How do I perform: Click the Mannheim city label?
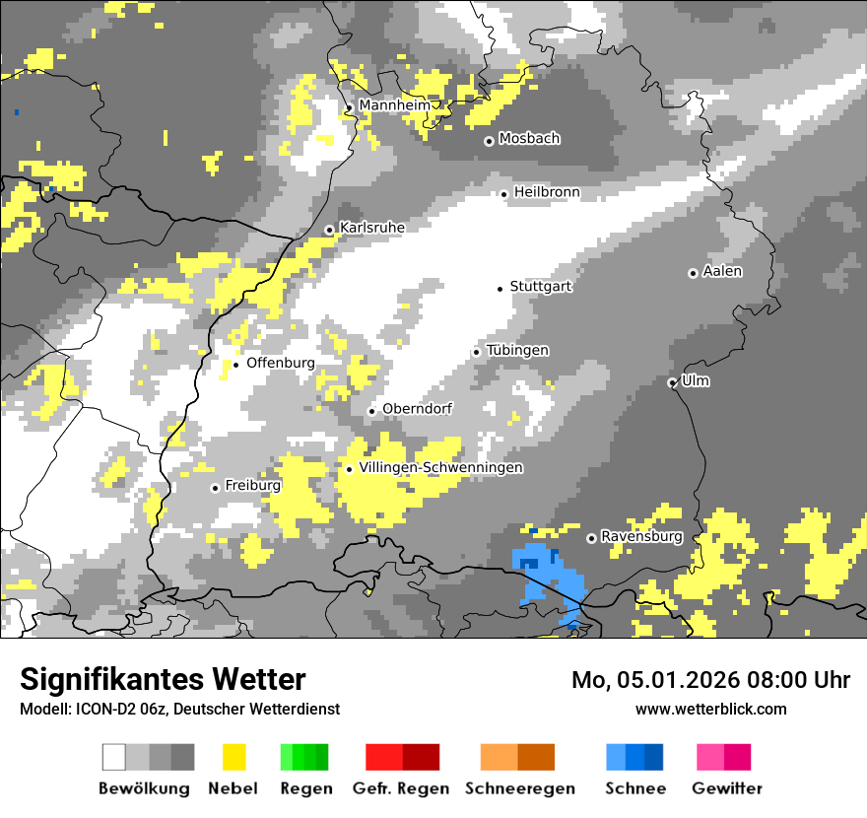coord(394,105)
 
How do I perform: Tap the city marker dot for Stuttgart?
coord(500,288)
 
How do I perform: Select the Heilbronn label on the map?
coord(547,192)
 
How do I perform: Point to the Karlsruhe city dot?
coord(330,230)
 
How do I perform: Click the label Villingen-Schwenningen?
coord(441,468)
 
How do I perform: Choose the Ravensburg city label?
coord(641,537)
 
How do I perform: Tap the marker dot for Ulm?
coord(673,382)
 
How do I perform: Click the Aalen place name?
coord(722,271)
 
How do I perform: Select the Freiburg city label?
coord(252,486)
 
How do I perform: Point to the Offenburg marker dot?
coord(235,365)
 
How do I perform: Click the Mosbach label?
coord(529,139)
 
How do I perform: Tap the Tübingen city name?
coord(517,351)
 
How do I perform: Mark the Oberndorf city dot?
coord(371,411)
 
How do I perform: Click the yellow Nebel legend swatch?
coord(233,757)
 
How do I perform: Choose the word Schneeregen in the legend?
coord(519,788)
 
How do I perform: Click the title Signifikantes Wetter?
coord(163,679)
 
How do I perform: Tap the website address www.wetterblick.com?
coord(710,709)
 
